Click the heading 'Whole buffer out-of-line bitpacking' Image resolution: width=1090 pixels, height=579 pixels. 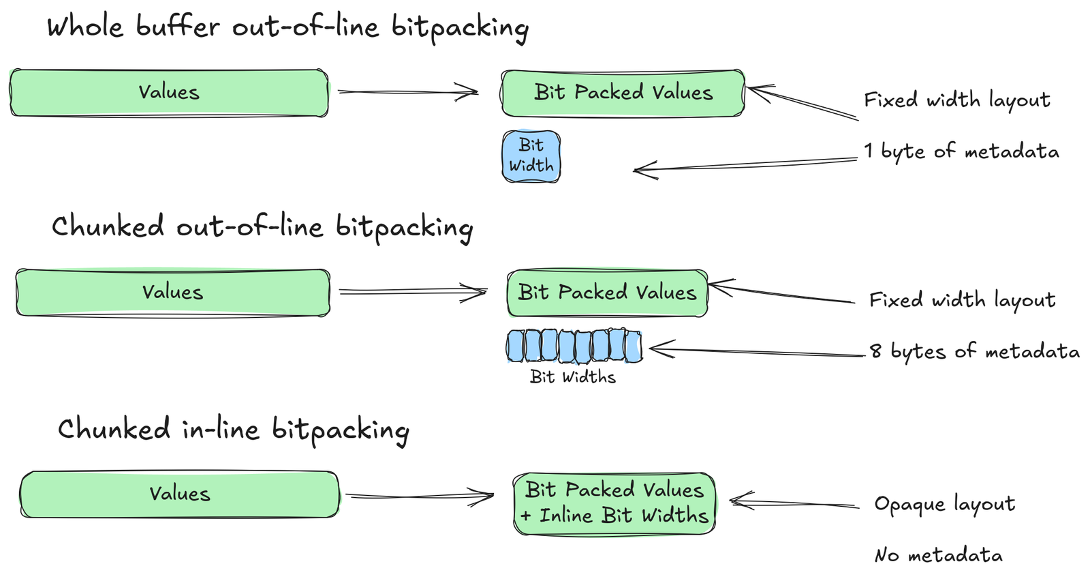(x=287, y=27)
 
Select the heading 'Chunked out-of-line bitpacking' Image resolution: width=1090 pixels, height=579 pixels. (x=262, y=227)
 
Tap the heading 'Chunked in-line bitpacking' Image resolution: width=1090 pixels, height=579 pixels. (x=233, y=430)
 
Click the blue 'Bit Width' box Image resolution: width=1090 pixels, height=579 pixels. (x=531, y=156)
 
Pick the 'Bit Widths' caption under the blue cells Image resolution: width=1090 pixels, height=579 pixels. (x=572, y=377)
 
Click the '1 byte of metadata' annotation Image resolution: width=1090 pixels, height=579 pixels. (x=961, y=151)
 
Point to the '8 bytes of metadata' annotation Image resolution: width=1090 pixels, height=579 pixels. (x=974, y=351)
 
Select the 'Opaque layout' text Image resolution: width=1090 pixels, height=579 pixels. (x=944, y=504)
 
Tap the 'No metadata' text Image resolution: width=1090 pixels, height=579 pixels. (x=938, y=555)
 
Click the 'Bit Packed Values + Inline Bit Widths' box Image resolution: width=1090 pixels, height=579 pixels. (x=614, y=503)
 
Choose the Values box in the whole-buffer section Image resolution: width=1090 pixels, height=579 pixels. (x=169, y=92)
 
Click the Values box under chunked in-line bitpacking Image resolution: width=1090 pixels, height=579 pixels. (x=179, y=494)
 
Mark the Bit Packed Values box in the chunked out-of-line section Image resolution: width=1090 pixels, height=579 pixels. (x=607, y=293)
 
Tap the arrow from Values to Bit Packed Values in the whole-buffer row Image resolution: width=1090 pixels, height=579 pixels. (x=407, y=91)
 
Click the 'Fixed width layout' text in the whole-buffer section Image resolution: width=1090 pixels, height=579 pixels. (x=956, y=100)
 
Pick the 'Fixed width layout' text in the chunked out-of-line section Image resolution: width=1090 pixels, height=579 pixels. (x=962, y=300)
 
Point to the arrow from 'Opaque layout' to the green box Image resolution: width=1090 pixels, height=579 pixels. (x=794, y=503)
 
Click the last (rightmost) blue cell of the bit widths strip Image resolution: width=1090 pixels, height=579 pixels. (x=634, y=346)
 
